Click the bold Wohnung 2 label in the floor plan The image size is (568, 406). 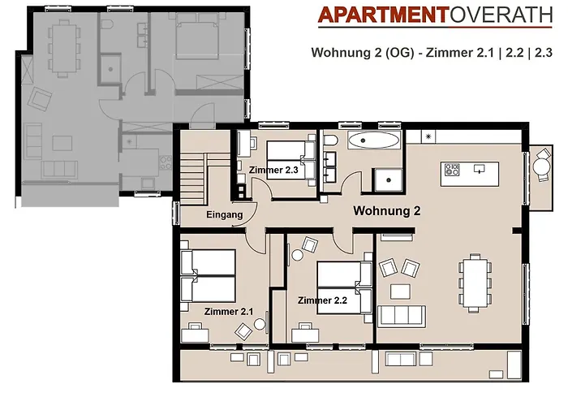point(386,211)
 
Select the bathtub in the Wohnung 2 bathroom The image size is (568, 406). point(373,141)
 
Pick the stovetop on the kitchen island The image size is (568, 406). point(451,171)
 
